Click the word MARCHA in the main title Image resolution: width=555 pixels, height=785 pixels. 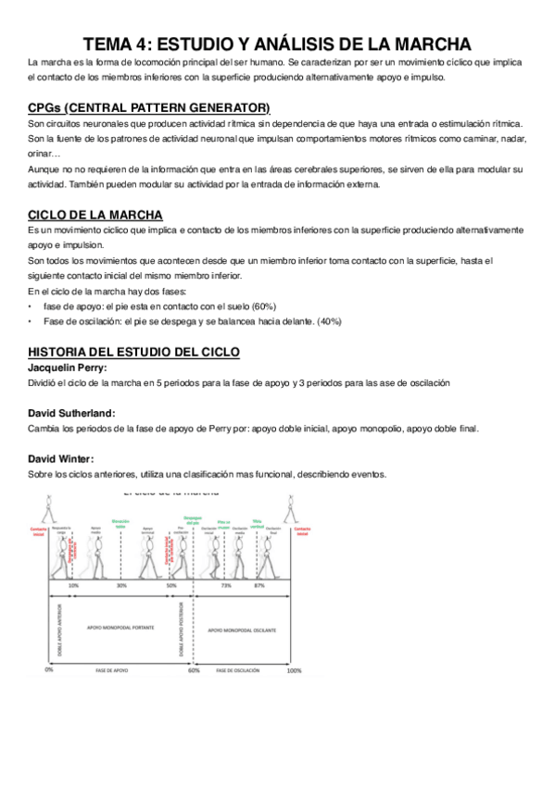tap(422, 44)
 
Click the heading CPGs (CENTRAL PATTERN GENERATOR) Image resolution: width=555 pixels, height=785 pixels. tap(149, 107)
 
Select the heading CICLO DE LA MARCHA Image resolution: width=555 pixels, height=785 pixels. tap(95, 214)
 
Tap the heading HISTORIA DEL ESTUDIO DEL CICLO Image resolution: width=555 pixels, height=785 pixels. tap(133, 353)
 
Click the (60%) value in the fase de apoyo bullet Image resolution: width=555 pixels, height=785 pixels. tap(264, 306)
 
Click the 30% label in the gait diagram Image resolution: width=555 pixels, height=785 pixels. tap(121, 586)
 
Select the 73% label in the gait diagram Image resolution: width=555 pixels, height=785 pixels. tap(225, 586)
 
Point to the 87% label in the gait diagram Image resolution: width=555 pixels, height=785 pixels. tap(259, 586)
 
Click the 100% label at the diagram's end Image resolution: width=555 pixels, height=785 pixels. tap(294, 669)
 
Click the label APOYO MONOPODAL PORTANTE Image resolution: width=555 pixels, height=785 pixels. tap(120, 629)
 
